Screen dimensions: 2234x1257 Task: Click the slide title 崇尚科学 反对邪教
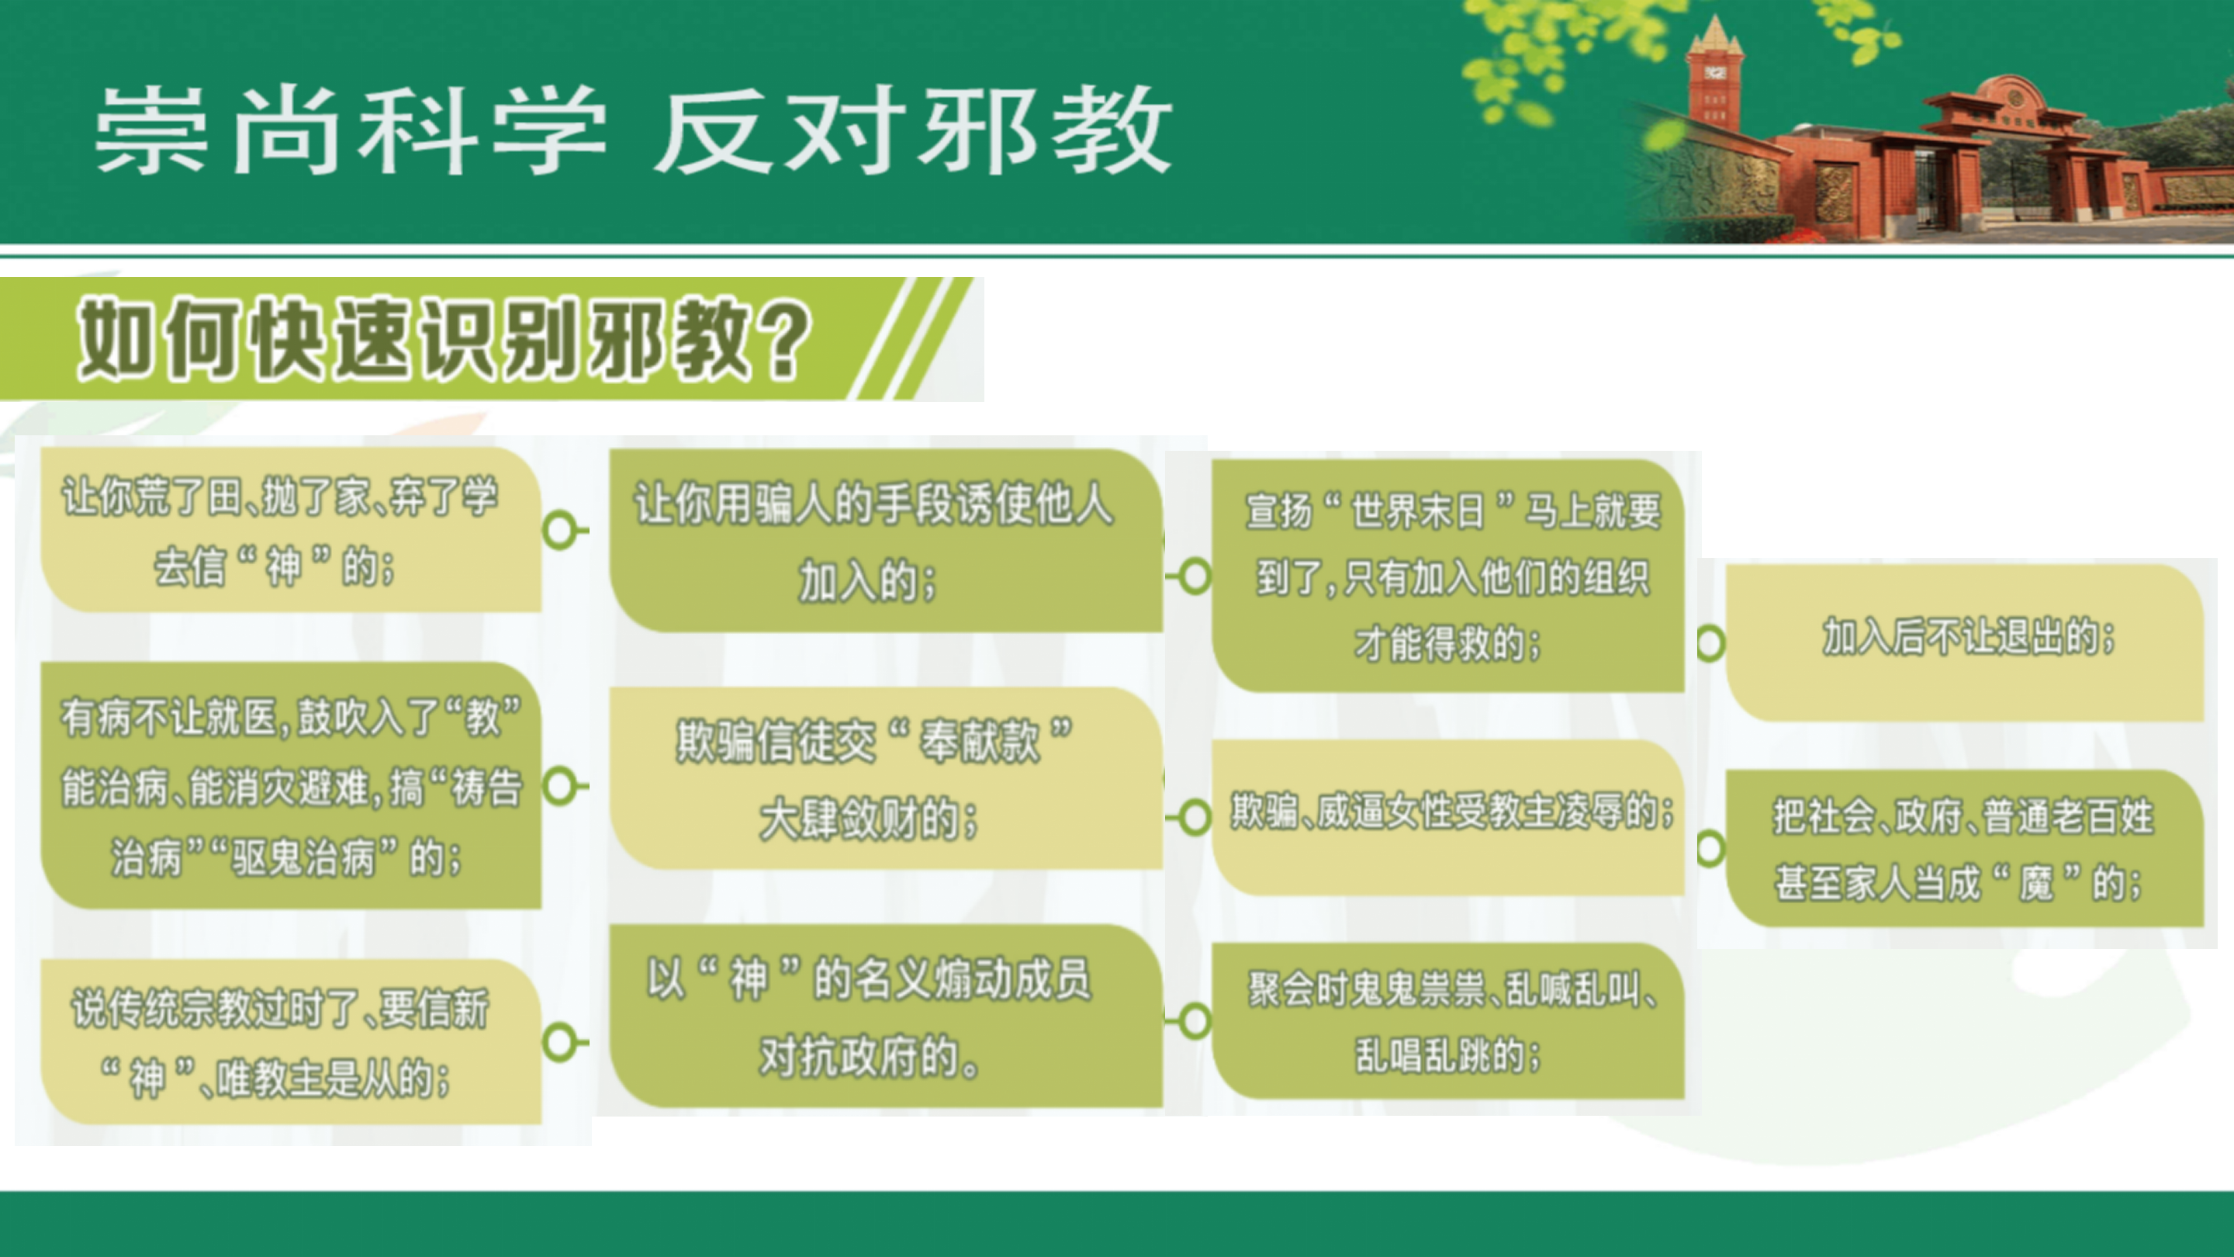633,131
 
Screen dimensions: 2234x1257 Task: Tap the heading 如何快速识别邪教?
444,339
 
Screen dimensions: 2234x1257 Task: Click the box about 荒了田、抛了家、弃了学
292,530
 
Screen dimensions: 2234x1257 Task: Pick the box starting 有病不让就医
292,786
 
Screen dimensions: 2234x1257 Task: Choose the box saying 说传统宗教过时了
292,1042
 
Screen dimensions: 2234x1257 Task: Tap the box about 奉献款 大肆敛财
885,778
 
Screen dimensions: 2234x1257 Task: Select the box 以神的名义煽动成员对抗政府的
885,1016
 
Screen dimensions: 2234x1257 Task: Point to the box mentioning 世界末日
1447,576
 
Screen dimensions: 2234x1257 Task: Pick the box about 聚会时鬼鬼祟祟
1447,1021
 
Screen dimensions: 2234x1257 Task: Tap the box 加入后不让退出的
1964,642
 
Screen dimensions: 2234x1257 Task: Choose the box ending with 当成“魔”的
1964,848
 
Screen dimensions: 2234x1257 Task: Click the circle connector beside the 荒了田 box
560,530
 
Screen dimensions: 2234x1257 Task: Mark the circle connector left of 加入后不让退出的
1710,642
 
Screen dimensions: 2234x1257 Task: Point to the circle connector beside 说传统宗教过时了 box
560,1042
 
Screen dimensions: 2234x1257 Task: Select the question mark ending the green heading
784,339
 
